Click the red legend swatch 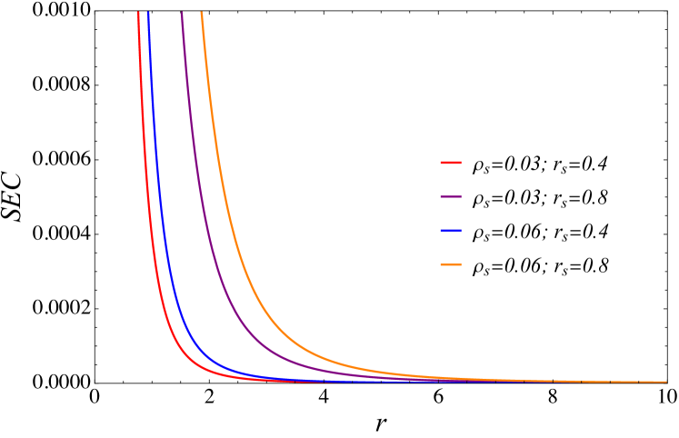pos(451,163)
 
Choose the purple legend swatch pos(451,196)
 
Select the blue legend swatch pos(451,231)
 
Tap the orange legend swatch pos(451,264)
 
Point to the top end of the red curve pos(138,13)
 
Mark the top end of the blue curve pos(148,13)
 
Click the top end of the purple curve pos(182,13)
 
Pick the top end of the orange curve pos(202,13)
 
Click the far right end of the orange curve pos(665,382)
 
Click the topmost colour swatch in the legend pos(451,163)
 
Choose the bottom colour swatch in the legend pos(451,264)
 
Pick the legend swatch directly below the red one pos(451,196)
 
